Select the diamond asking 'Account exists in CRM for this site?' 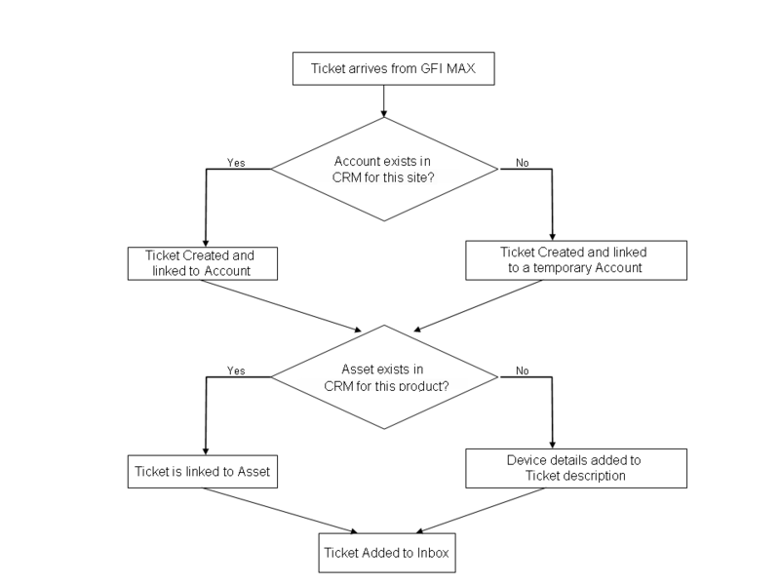tap(385, 171)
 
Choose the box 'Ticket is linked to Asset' tap(203, 473)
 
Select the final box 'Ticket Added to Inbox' tap(386, 555)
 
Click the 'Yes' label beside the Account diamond tap(235, 162)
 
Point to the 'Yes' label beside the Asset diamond tap(235, 370)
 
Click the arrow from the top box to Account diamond tap(385, 100)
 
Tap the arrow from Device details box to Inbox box tap(487, 509)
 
